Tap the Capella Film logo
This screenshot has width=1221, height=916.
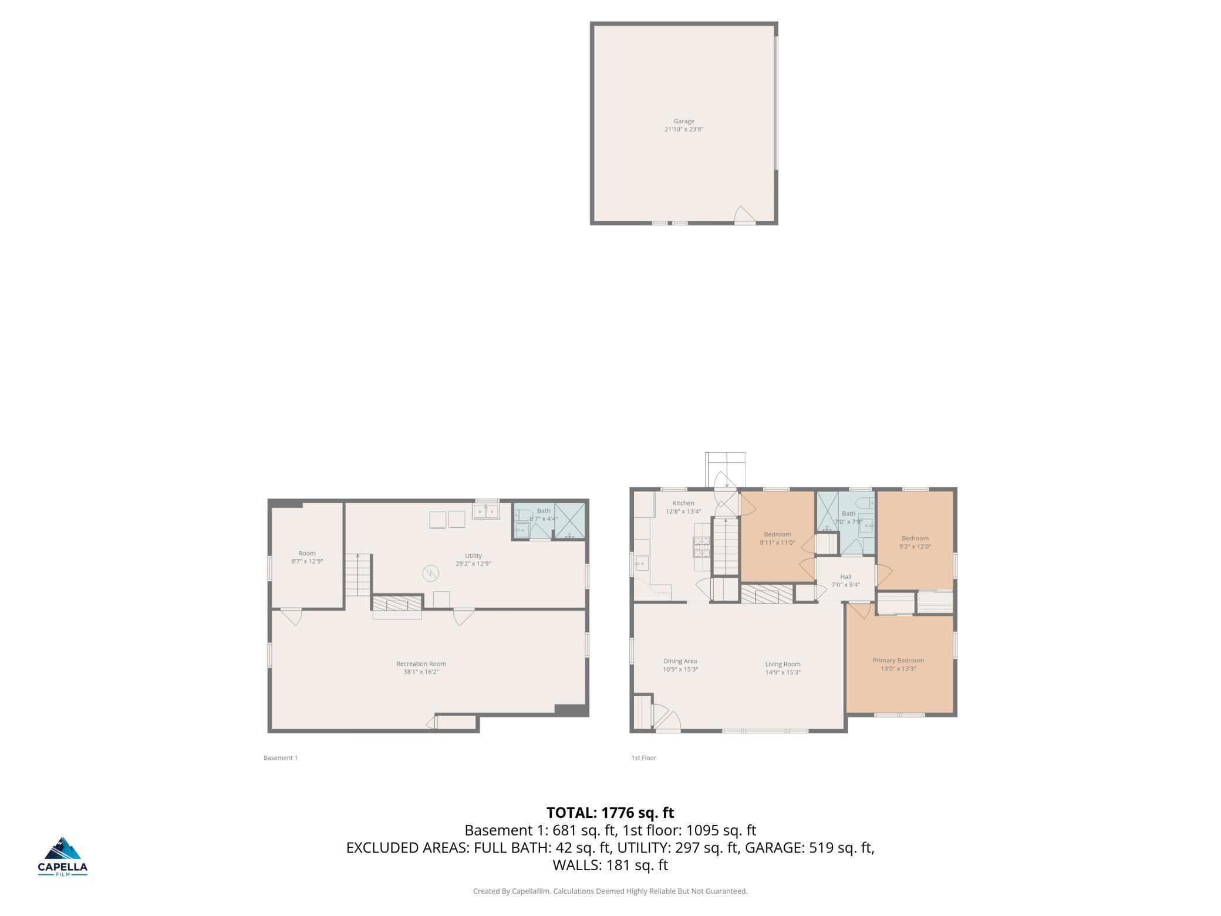(x=63, y=856)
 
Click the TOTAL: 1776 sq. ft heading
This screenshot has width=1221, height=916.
(x=610, y=813)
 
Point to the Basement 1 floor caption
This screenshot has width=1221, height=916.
(x=281, y=757)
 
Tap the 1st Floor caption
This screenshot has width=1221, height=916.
(x=644, y=757)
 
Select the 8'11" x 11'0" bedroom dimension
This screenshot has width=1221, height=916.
(x=777, y=543)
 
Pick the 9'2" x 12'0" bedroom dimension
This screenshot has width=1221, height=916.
(x=915, y=547)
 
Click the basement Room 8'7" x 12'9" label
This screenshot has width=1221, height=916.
(x=307, y=557)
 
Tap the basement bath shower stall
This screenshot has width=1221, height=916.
(x=569, y=521)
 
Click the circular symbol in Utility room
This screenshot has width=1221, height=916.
(x=431, y=572)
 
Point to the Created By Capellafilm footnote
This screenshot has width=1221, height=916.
(x=610, y=891)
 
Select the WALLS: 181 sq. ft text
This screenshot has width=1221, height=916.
(x=610, y=865)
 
